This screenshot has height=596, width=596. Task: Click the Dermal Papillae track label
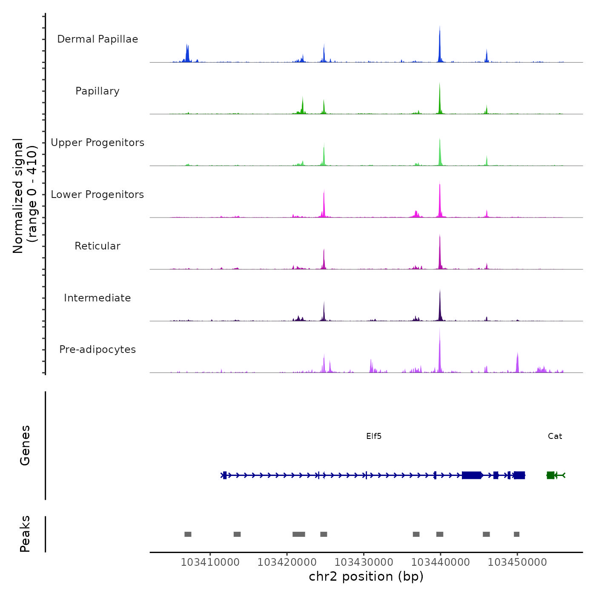(x=97, y=39)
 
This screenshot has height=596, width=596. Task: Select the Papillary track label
(x=97, y=91)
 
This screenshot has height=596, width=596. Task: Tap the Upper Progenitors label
(x=97, y=143)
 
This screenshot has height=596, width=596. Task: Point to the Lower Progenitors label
(x=97, y=195)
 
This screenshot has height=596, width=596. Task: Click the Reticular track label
(x=97, y=246)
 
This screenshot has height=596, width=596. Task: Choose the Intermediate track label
(x=97, y=298)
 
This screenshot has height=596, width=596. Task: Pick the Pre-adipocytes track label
(x=97, y=350)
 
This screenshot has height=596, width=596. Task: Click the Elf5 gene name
(x=374, y=436)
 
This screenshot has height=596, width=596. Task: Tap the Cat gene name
(x=555, y=436)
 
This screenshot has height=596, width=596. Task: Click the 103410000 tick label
(x=210, y=562)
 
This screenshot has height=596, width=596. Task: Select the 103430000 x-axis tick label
(x=364, y=562)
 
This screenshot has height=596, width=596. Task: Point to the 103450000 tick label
(x=517, y=562)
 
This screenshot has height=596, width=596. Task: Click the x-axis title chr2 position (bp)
(x=366, y=576)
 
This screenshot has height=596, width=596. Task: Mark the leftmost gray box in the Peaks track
(x=188, y=534)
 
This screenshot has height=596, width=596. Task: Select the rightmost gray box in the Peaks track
(x=516, y=534)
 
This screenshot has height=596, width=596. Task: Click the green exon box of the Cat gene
(x=550, y=475)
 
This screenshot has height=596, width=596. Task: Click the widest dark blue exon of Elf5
(x=471, y=475)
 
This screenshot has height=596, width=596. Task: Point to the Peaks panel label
(x=25, y=534)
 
